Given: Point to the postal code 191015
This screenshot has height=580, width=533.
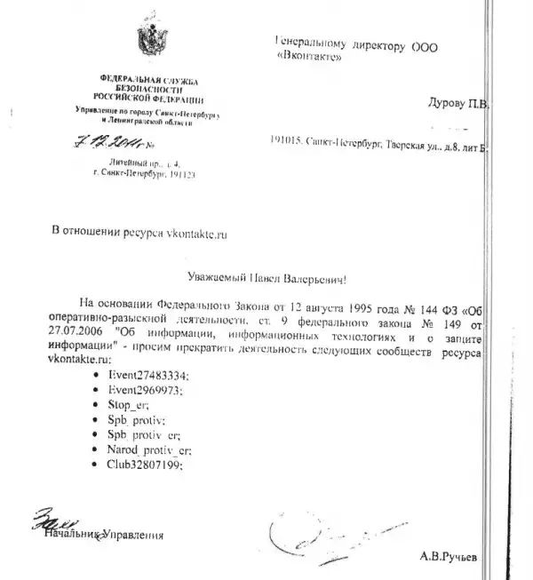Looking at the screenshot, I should pyautogui.click(x=287, y=140).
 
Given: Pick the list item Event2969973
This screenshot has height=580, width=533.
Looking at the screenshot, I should pyautogui.click(x=144, y=391).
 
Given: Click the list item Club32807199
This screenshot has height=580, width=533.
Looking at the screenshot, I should pyautogui.click(x=146, y=465).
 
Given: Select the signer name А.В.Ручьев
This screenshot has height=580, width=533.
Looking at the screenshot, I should pyautogui.click(x=450, y=559).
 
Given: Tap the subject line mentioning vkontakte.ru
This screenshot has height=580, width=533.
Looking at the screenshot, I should pyautogui.click(x=139, y=234).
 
